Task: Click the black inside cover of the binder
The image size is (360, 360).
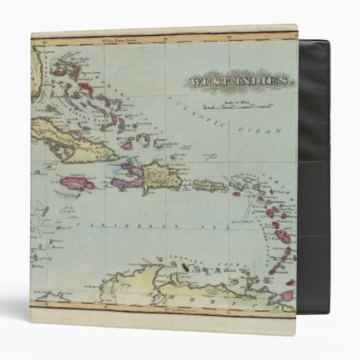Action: [314, 168]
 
